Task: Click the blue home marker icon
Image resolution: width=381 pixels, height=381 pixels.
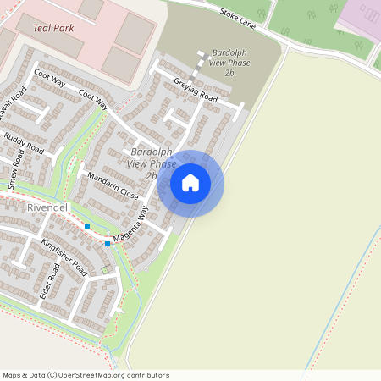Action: (x=190, y=182)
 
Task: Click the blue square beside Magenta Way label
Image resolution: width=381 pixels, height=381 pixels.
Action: (x=108, y=244)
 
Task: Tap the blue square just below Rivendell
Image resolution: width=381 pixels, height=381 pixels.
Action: (x=87, y=226)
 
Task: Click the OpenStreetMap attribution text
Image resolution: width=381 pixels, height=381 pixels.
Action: (x=86, y=375)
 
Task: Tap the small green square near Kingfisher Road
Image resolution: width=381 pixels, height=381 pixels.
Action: (x=105, y=270)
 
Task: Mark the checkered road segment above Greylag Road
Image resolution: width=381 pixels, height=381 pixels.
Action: (x=202, y=60)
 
